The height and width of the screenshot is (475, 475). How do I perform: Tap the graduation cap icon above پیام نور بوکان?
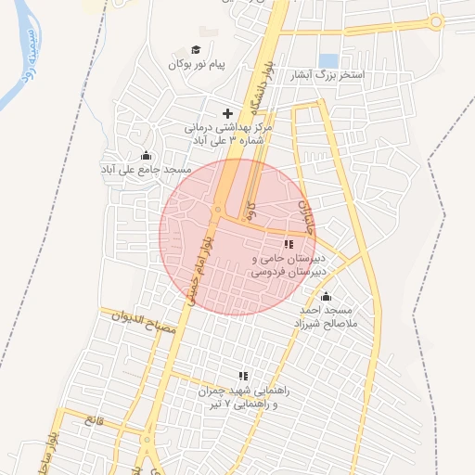pyautogui.click(x=196, y=50)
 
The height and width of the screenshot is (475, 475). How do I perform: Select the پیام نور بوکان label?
pyautogui.click(x=198, y=65)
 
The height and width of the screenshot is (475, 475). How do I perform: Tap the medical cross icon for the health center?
pyautogui.click(x=228, y=113)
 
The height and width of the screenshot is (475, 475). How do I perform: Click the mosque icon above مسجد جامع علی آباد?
pyautogui.click(x=145, y=156)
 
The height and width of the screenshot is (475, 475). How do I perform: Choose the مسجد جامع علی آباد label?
pyautogui.click(x=146, y=171)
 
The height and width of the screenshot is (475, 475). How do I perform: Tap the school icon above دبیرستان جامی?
pyautogui.click(x=288, y=244)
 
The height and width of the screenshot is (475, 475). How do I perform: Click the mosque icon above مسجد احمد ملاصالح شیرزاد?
pyautogui.click(x=325, y=297)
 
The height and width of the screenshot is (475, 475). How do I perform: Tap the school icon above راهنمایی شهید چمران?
pyautogui.click(x=243, y=377)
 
